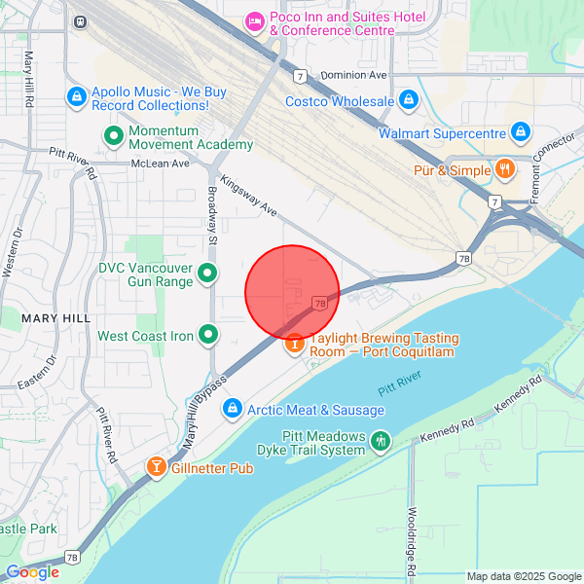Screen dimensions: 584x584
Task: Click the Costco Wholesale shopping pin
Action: pos(409,100)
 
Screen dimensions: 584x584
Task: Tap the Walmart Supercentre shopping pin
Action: pos(521,131)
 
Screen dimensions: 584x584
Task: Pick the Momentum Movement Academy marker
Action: pos(113,136)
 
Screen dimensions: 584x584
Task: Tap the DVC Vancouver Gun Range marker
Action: pos(207,274)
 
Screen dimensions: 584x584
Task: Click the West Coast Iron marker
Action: pos(208,336)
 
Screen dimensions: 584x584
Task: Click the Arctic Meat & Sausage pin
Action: pos(233,411)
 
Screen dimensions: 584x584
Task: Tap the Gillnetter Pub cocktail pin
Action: pos(156,468)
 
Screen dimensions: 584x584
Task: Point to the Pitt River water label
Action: pos(399,380)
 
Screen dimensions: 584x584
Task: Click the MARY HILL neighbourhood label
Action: pos(55,318)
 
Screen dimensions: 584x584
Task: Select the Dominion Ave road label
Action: pos(354,75)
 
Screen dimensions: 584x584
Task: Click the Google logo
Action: pos(33,572)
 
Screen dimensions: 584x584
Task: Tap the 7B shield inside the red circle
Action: pos(320,304)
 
